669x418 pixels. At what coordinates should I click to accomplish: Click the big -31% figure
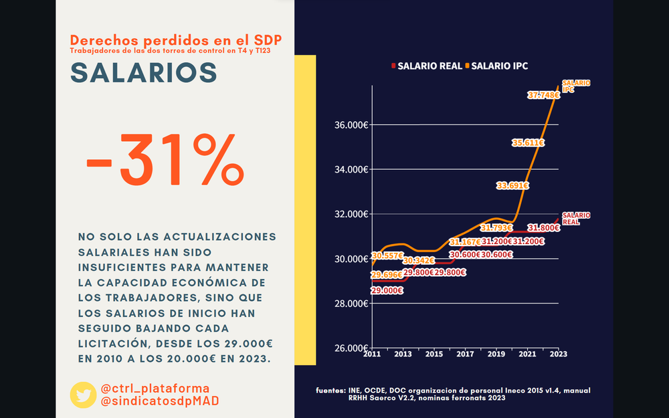pyautogui.click(x=164, y=161)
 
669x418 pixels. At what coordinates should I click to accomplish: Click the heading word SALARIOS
pyautogui.click(x=144, y=73)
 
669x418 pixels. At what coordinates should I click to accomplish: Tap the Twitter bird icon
pyautogui.click(x=83, y=395)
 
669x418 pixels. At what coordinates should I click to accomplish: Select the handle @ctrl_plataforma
pyautogui.click(x=155, y=389)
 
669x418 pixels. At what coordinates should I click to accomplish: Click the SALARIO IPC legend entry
pyautogui.click(x=500, y=66)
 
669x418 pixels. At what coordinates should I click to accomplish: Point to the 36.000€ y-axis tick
pyautogui.click(x=351, y=125)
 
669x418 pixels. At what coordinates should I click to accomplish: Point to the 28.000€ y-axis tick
pyautogui.click(x=351, y=304)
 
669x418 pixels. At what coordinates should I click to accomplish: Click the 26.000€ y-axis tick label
pyautogui.click(x=351, y=348)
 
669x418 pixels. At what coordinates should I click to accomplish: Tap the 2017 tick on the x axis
pyautogui.click(x=465, y=354)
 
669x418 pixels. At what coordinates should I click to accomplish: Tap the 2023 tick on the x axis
pyautogui.click(x=559, y=354)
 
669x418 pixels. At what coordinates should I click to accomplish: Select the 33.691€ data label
pyautogui.click(x=512, y=186)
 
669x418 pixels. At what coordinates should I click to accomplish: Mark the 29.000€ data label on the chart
pyautogui.click(x=388, y=290)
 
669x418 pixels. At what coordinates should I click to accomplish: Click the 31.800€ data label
pyautogui.click(x=543, y=228)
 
